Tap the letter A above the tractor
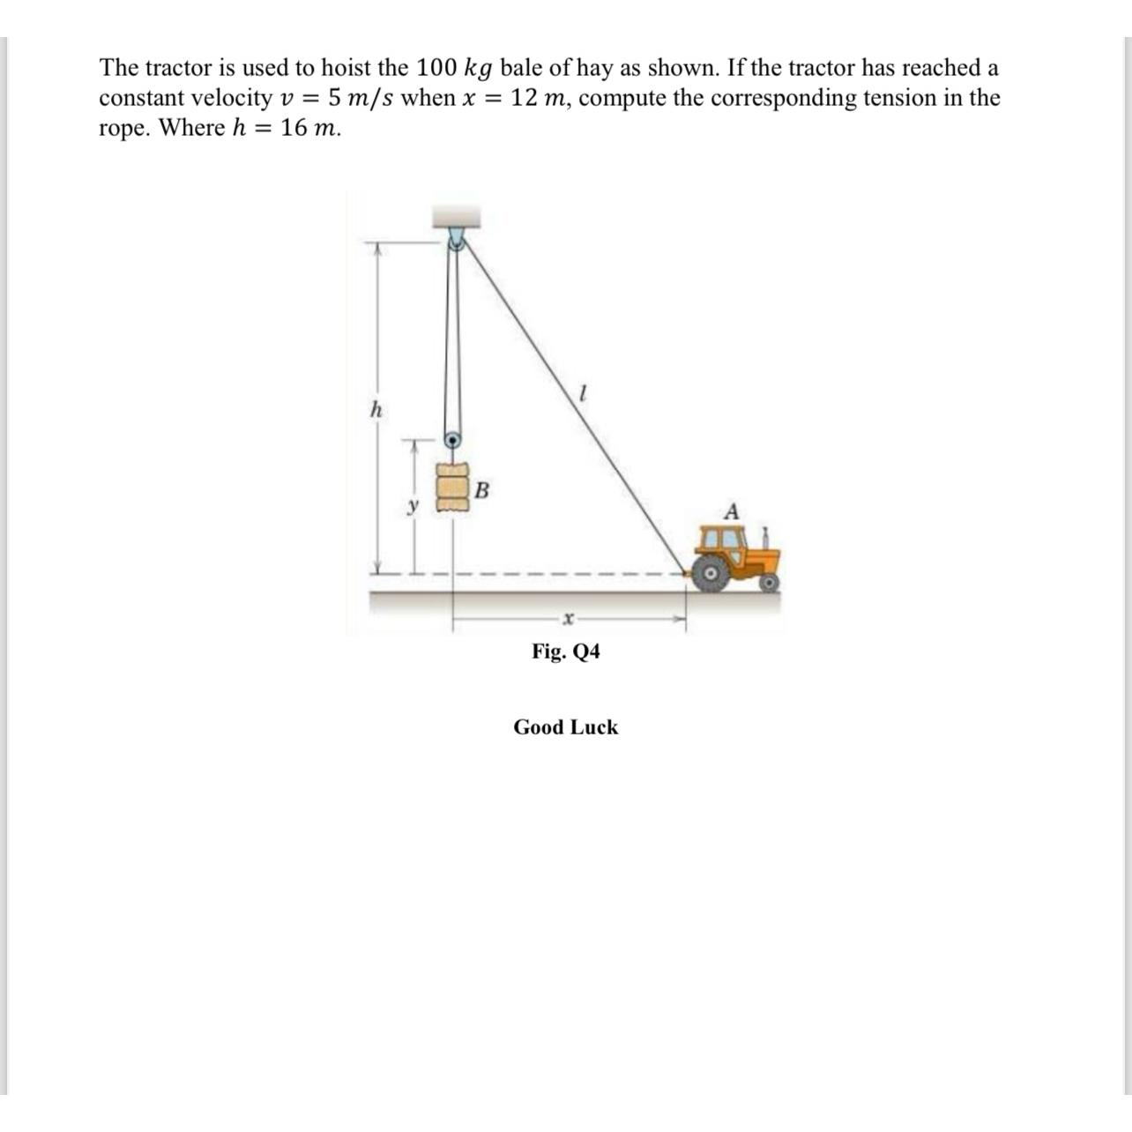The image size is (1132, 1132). [731, 511]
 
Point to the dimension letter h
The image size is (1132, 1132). [376, 409]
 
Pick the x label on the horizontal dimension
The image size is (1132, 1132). [569, 620]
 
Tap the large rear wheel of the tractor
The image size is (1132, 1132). [710, 574]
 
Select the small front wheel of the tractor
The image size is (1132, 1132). [769, 583]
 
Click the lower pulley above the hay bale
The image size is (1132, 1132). [451, 439]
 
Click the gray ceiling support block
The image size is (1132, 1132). [455, 216]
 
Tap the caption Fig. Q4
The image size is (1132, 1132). [565, 652]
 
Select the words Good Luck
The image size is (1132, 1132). [565, 727]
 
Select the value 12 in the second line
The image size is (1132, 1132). [525, 98]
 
